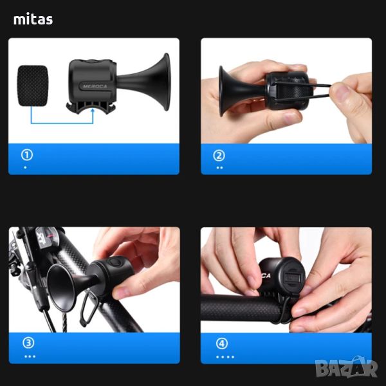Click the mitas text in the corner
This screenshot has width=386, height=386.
click(33, 19)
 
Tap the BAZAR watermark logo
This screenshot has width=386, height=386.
click(346, 368)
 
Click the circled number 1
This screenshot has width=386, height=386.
click(27, 155)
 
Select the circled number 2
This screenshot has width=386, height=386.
click(219, 156)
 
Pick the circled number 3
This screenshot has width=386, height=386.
click(28, 343)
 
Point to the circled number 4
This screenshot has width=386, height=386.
click(222, 344)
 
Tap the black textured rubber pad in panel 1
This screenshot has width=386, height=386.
click(33, 86)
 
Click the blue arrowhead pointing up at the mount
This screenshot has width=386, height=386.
click(93, 111)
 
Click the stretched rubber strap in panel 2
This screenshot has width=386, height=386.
click(303, 89)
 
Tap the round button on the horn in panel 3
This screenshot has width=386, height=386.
click(115, 262)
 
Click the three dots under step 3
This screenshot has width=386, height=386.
click(30, 356)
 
